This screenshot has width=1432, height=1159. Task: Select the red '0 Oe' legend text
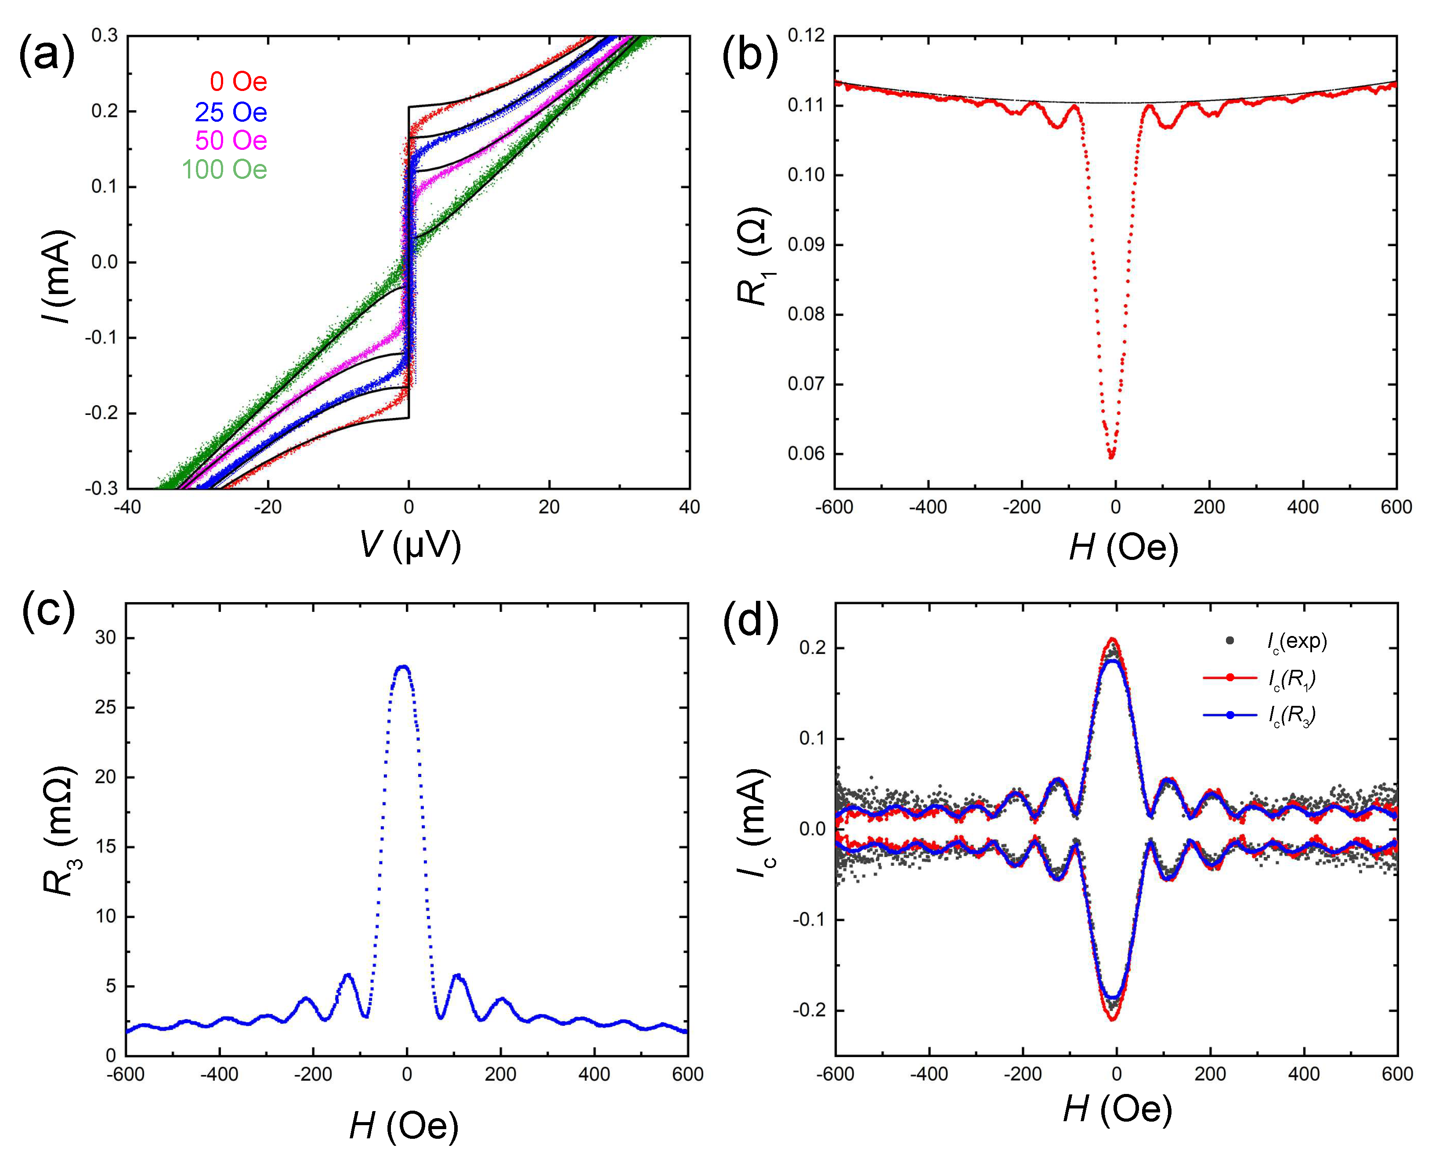(238, 82)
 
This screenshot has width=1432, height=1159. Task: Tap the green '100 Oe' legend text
(224, 170)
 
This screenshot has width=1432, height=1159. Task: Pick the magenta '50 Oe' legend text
(231, 140)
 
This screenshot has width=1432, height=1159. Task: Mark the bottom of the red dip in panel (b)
(1111, 457)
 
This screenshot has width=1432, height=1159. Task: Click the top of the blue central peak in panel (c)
(403, 666)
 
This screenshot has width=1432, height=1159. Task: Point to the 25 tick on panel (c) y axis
(105, 707)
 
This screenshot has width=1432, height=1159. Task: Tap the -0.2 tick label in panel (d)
(809, 1010)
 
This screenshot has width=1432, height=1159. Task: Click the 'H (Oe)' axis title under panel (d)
(1116, 1110)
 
